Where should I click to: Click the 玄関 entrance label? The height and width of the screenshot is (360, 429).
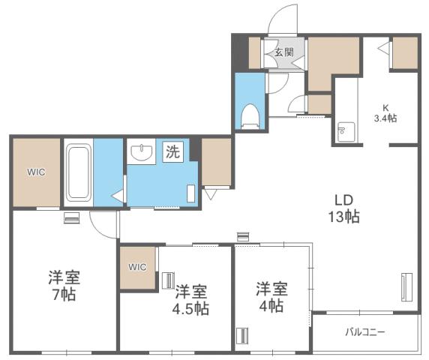tap(283, 53)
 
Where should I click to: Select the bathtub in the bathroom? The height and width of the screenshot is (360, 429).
tap(78, 172)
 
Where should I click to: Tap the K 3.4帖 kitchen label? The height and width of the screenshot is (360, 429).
tap(386, 112)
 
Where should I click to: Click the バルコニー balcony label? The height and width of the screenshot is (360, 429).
tap(365, 331)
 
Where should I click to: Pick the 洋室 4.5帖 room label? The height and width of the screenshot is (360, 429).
tap(192, 298)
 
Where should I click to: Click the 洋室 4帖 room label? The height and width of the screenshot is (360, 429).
tap(271, 295)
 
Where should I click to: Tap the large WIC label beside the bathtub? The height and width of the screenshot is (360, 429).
tap(37, 172)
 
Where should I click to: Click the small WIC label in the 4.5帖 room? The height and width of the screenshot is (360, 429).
tap(137, 266)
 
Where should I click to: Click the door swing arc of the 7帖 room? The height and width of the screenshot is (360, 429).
tap(103, 222)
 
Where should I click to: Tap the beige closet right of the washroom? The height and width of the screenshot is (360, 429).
tap(216, 162)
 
